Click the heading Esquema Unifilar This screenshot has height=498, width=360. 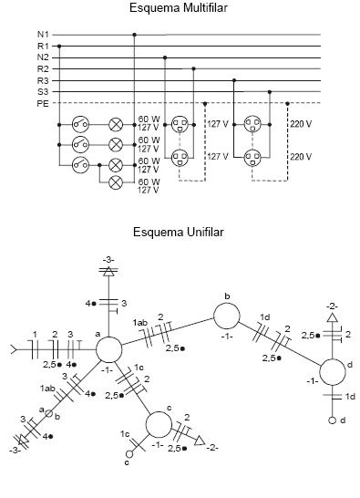tap(178, 232)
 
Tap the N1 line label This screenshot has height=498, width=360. tap(44, 35)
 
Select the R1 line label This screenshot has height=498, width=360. tap(44, 46)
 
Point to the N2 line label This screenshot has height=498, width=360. tap(44, 57)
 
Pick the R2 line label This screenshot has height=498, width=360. tap(44, 68)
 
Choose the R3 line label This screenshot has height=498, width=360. tap(44, 80)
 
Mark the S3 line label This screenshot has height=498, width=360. tap(44, 91)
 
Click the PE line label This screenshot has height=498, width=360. tap(44, 103)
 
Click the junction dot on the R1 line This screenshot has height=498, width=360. tap(60, 46)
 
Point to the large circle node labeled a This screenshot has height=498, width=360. tap(108, 349)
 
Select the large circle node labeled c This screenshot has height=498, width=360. tap(159, 424)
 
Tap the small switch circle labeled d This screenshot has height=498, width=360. tap(334, 421)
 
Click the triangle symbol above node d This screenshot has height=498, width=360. tap(334, 318)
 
